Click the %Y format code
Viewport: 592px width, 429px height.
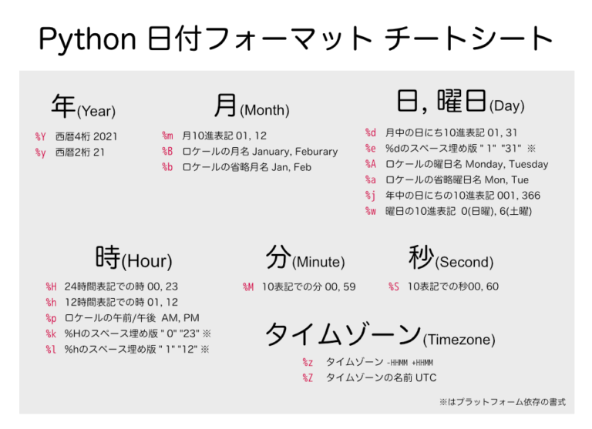(x=41, y=137)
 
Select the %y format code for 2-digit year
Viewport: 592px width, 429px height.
(x=41, y=152)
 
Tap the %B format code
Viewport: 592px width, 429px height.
(x=167, y=152)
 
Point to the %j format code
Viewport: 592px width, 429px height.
(x=371, y=196)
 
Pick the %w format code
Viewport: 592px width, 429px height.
(x=371, y=211)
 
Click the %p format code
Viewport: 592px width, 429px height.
(x=51, y=318)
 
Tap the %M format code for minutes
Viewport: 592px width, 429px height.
(x=248, y=287)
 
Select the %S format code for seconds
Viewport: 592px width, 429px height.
(x=394, y=287)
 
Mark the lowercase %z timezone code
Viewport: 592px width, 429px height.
(x=308, y=363)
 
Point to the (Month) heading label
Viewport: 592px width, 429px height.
(x=264, y=110)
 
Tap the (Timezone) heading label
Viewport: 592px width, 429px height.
(x=459, y=340)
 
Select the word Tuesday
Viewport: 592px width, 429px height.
(x=528, y=164)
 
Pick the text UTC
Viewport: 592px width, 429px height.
(x=425, y=378)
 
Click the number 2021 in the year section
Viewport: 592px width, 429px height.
(x=105, y=137)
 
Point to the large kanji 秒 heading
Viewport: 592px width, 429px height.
(x=421, y=257)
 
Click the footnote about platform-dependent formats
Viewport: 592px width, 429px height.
(x=503, y=402)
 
